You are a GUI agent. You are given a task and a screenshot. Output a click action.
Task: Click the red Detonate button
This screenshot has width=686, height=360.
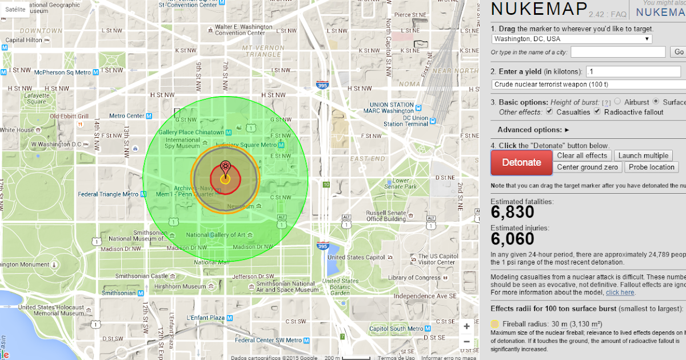click(521, 162)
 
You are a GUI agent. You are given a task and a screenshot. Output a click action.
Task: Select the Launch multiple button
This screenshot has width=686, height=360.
click(643, 155)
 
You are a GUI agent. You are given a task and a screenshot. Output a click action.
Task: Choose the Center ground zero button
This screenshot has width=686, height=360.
click(587, 167)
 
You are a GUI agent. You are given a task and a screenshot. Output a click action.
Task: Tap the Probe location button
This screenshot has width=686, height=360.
click(653, 167)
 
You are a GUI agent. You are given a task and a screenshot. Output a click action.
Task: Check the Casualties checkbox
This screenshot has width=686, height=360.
click(550, 112)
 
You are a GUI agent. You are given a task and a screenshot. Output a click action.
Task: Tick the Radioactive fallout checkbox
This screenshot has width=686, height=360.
click(598, 112)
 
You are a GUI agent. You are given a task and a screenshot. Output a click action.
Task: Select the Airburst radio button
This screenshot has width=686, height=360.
click(617, 102)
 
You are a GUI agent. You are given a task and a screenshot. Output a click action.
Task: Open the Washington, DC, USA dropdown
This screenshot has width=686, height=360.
click(572, 39)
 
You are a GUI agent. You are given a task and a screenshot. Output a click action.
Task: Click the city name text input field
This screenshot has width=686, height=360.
click(618, 52)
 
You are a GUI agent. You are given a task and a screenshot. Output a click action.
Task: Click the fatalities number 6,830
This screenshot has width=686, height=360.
click(512, 212)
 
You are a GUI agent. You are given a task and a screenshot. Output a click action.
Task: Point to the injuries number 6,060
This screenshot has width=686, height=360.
click(512, 238)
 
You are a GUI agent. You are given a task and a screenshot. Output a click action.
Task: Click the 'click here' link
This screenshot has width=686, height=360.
click(620, 293)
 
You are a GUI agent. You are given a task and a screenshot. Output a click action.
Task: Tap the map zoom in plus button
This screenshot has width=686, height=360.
click(466, 326)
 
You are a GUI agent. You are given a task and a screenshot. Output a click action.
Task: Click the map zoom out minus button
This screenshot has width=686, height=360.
click(466, 341)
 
